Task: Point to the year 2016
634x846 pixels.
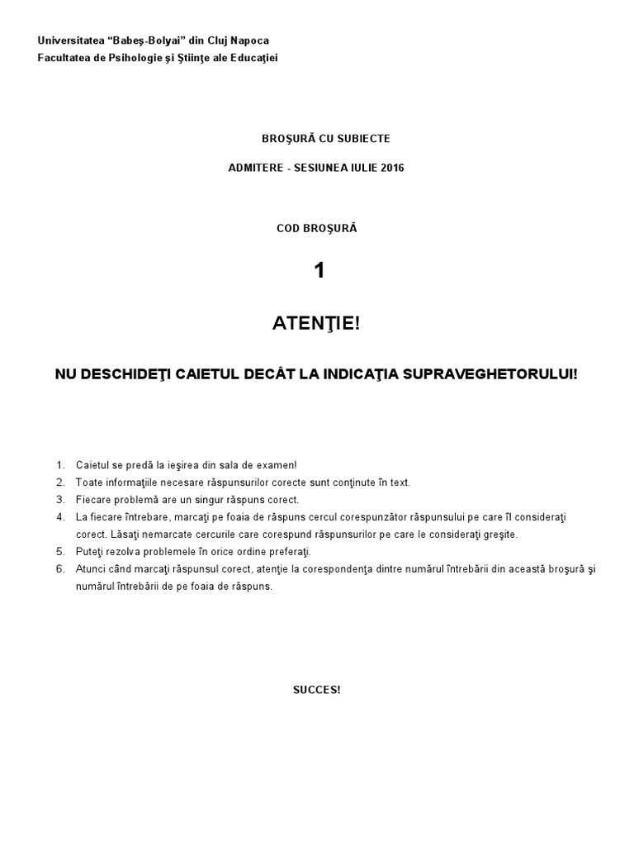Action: pos(391,168)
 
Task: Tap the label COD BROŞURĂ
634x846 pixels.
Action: pos(316,227)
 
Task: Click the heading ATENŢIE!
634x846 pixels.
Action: pos(316,325)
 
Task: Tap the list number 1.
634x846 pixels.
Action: pos(59,466)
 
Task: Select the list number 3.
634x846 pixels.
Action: pos(59,500)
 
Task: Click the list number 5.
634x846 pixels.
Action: pos(59,551)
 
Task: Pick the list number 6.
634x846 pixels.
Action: pos(59,569)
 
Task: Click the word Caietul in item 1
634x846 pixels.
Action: pos(92,466)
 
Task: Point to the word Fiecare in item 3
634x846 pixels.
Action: pos(93,500)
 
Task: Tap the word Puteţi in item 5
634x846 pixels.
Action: pos(90,551)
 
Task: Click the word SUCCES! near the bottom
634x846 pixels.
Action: pos(316,690)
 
